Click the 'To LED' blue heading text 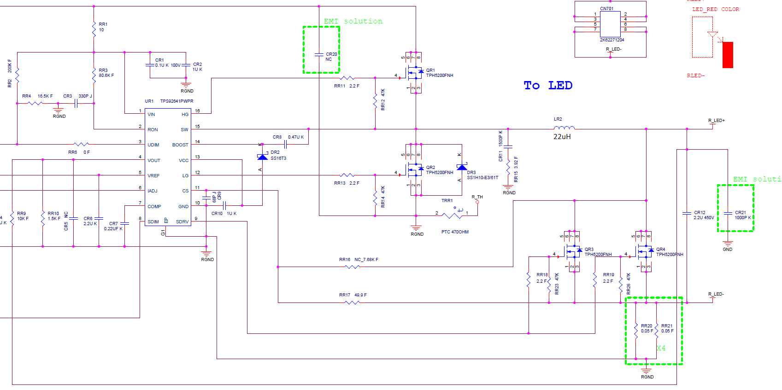click(x=547, y=86)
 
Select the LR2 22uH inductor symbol click(x=564, y=128)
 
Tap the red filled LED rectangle click(x=728, y=55)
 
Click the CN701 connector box click(x=610, y=24)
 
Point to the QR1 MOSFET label click(x=430, y=70)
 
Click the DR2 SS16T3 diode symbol click(x=262, y=157)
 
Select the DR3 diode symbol click(x=461, y=167)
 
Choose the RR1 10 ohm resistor click(x=94, y=29)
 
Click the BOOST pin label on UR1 click(x=180, y=145)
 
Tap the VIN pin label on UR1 click(x=151, y=114)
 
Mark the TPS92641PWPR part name click(x=176, y=101)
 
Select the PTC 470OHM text click(x=455, y=232)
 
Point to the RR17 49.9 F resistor click(x=352, y=303)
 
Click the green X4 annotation click(x=661, y=348)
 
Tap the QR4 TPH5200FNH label click(x=669, y=252)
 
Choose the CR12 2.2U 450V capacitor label click(x=703, y=215)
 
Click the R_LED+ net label click(x=716, y=121)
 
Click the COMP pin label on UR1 click(x=154, y=206)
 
